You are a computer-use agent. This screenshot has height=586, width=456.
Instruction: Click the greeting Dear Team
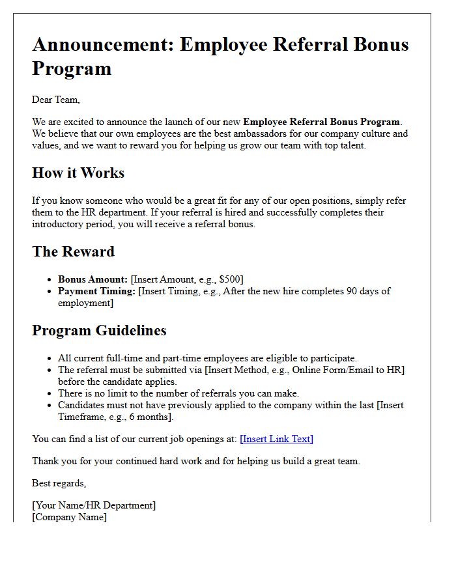(55, 100)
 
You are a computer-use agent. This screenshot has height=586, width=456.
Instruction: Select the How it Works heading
(78, 173)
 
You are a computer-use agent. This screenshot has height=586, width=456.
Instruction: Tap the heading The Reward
(73, 252)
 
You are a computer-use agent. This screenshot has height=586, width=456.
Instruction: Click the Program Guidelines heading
(99, 331)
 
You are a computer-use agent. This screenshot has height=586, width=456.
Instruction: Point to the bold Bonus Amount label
(93, 279)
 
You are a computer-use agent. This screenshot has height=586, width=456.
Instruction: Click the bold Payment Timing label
(96, 291)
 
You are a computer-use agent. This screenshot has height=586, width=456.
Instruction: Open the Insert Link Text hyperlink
(276, 439)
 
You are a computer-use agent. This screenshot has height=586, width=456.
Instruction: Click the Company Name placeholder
(69, 517)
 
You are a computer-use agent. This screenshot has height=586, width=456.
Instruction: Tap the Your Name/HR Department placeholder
(94, 505)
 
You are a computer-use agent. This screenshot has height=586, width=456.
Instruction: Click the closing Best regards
(59, 483)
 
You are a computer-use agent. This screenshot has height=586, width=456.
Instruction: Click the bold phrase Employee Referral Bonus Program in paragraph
(322, 122)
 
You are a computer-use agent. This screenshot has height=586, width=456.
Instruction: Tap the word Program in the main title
(72, 68)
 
